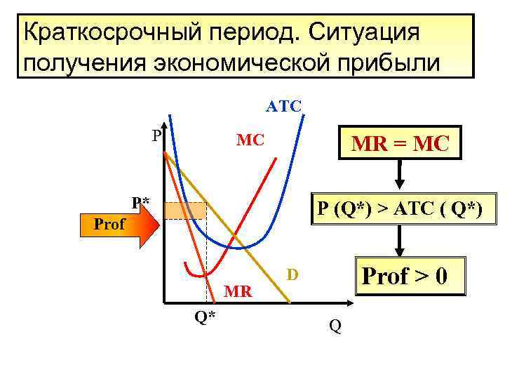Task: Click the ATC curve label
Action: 283,107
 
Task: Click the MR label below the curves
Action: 238,291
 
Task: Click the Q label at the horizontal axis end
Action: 335,326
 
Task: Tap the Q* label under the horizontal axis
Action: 205,317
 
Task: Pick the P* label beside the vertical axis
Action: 141,204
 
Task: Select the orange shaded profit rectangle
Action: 185,211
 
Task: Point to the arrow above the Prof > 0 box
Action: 399,241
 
